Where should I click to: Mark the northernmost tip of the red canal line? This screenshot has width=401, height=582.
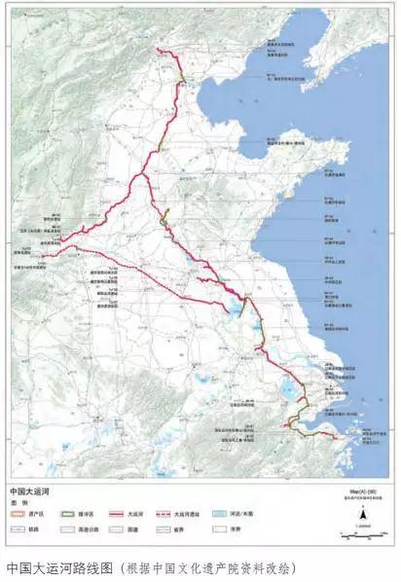[x=158, y=50]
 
